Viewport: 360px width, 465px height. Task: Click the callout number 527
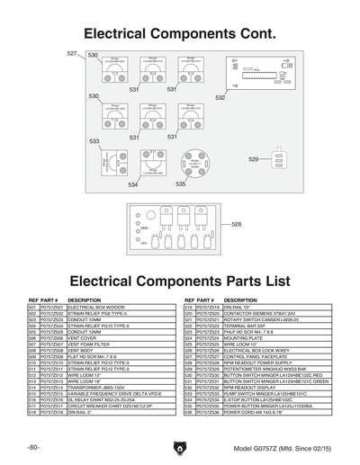pyautogui.click(x=72, y=54)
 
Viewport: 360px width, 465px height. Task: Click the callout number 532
pyautogui.click(x=220, y=96)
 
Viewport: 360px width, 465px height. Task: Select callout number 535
pyautogui.click(x=181, y=183)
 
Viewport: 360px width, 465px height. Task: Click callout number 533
pyautogui.click(x=94, y=141)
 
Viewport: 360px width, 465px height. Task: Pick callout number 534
pyautogui.click(x=132, y=184)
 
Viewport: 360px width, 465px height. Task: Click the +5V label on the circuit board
pyautogui.click(x=142, y=255)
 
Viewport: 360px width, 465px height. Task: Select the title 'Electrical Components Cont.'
pyautogui.click(x=179, y=33)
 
